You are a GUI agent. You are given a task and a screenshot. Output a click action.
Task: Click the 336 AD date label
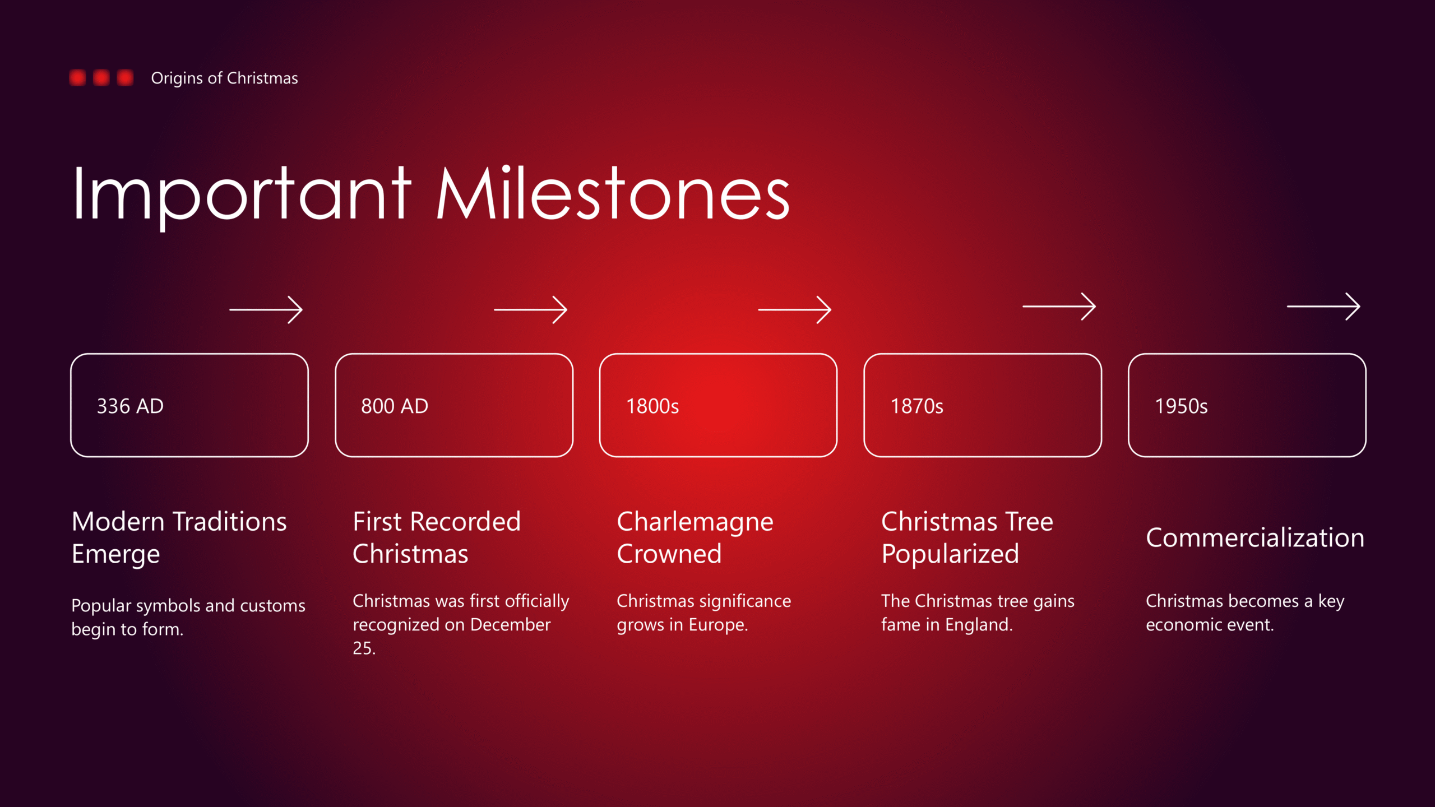pos(130,406)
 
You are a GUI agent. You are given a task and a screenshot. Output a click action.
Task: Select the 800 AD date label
pos(395,406)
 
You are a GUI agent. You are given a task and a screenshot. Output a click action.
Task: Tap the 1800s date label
pos(652,406)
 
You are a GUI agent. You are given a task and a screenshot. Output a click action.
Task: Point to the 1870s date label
pos(917,406)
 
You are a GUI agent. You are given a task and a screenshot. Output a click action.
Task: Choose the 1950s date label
pos(1181,406)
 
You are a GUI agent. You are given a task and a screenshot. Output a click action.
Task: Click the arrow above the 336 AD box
pos(266,309)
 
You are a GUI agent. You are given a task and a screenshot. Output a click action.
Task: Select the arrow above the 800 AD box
pos(530,309)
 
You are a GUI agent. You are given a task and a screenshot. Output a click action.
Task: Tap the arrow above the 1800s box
pos(794,309)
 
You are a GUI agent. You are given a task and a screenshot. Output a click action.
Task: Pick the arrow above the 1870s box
pos(1059,306)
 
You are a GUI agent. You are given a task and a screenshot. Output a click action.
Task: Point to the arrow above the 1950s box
pos(1323,306)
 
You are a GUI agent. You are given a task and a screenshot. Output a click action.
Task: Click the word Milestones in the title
pos(613,193)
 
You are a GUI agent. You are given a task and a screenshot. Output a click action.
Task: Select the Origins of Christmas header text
pos(224,78)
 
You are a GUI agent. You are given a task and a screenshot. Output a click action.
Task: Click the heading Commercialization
pos(1255,537)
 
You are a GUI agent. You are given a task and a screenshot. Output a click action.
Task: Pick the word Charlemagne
pos(695,523)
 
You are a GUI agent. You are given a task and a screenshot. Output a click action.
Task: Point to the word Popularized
pos(950,555)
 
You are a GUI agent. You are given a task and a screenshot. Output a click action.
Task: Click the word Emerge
pos(116,555)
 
